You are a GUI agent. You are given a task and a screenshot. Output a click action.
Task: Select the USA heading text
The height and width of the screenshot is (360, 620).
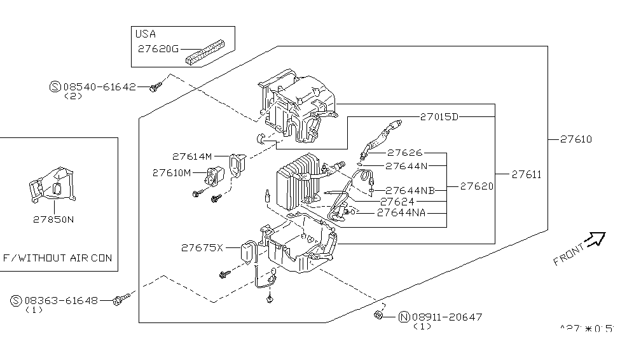tap(146, 34)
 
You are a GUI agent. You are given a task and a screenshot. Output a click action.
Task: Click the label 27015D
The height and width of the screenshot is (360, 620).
tap(439, 117)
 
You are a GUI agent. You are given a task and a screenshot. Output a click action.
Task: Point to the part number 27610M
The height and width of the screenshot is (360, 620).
tap(171, 172)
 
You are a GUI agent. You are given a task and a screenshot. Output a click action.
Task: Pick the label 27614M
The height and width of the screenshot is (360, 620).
tap(191, 156)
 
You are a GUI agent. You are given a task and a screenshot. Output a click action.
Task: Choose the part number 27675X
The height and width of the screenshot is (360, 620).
tap(202, 247)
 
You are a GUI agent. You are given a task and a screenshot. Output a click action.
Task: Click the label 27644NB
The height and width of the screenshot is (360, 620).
tap(411, 190)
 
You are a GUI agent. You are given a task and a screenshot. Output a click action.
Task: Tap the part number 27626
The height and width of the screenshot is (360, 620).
tap(405, 153)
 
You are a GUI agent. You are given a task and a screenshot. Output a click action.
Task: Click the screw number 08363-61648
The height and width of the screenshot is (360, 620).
tap(61, 300)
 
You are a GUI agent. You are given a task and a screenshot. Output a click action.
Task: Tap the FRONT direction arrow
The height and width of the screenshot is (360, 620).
tap(596, 240)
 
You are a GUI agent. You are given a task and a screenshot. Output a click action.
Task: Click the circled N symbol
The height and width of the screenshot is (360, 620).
tap(403, 317)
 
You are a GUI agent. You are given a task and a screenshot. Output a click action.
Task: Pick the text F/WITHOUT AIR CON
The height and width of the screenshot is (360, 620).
tap(57, 258)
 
